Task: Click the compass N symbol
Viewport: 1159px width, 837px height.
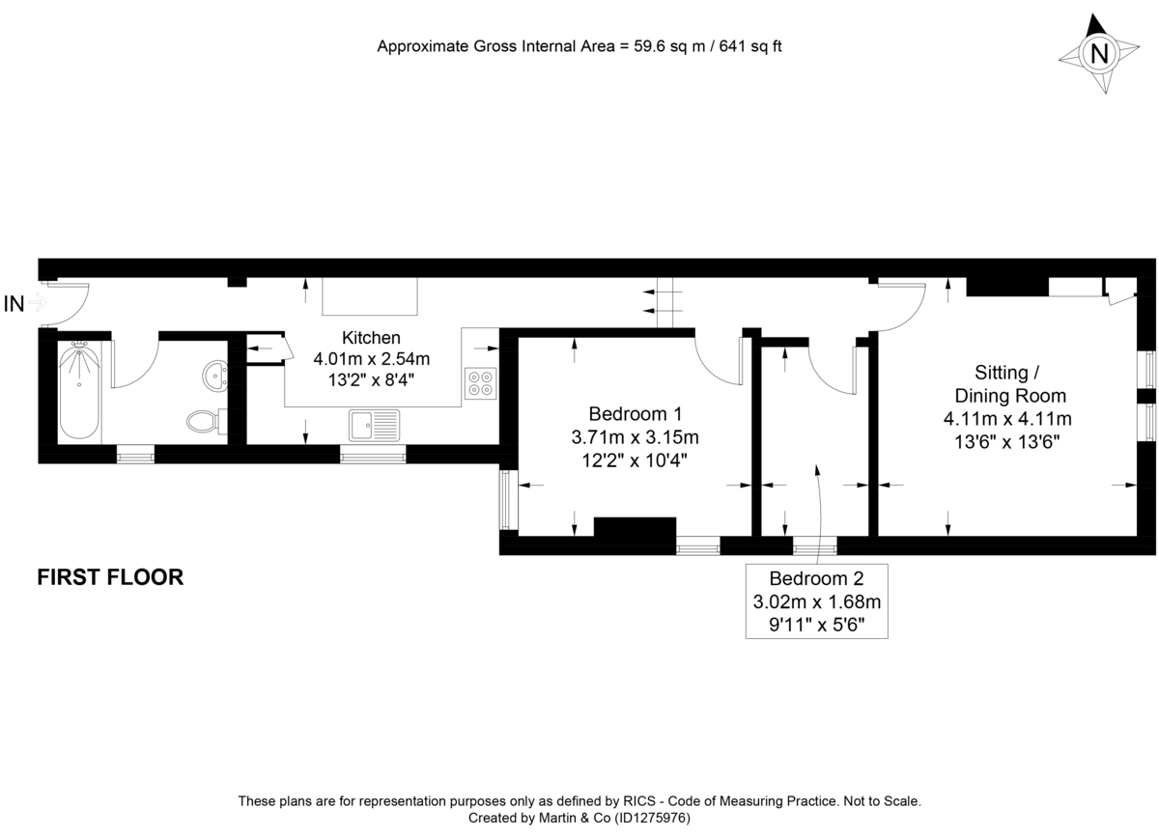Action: pos(1098,54)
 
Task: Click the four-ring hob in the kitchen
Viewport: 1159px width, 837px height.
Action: pos(481,383)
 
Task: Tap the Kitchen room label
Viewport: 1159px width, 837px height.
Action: pos(371,338)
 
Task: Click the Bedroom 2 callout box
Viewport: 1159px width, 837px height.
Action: pos(816,601)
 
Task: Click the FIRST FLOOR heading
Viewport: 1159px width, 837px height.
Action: pos(110,577)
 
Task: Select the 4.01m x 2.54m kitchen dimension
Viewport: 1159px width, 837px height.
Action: pos(371,358)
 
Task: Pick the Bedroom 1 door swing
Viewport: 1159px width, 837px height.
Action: pos(720,362)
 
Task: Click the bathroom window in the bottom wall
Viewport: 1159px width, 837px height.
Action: pos(135,453)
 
